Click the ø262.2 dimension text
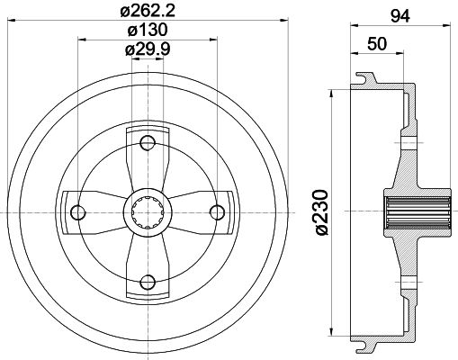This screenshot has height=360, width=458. (x=147, y=13)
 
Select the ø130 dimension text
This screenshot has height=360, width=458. (x=147, y=31)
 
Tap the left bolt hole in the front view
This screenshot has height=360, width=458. (x=78, y=211)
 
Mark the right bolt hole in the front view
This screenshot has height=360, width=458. (x=216, y=211)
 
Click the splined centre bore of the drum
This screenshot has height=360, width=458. (x=147, y=211)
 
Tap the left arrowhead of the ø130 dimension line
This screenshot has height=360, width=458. (x=82, y=40)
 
